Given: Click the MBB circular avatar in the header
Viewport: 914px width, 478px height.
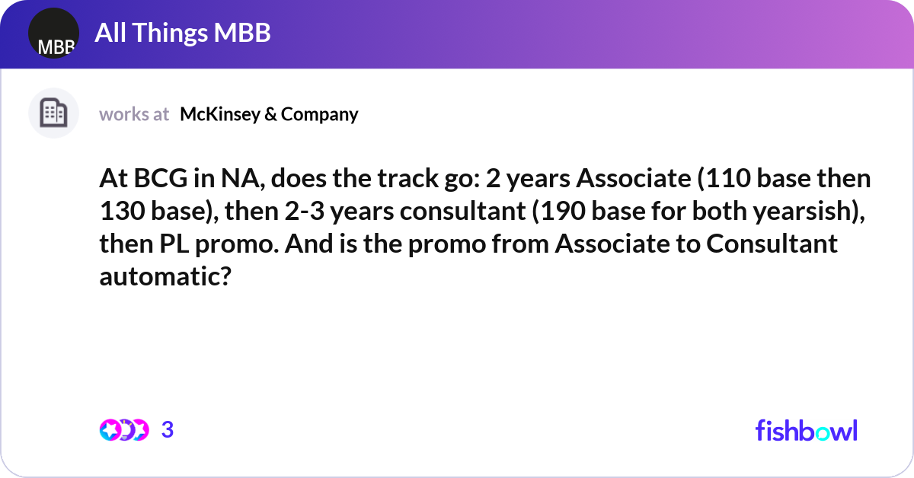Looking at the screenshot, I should [53, 33].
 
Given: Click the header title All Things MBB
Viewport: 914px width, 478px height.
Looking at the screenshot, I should [183, 33].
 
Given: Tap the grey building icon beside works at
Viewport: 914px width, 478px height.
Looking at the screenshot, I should [53, 113].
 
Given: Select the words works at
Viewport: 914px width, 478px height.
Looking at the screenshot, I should [134, 114].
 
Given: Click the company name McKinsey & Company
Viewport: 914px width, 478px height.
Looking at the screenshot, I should [269, 114].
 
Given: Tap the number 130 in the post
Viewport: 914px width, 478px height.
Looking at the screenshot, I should [123, 212].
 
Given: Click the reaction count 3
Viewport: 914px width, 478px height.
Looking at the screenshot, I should [168, 430].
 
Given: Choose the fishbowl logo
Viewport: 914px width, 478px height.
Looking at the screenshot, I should [806, 430].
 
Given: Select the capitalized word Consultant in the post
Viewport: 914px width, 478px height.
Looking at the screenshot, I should [771, 245].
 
